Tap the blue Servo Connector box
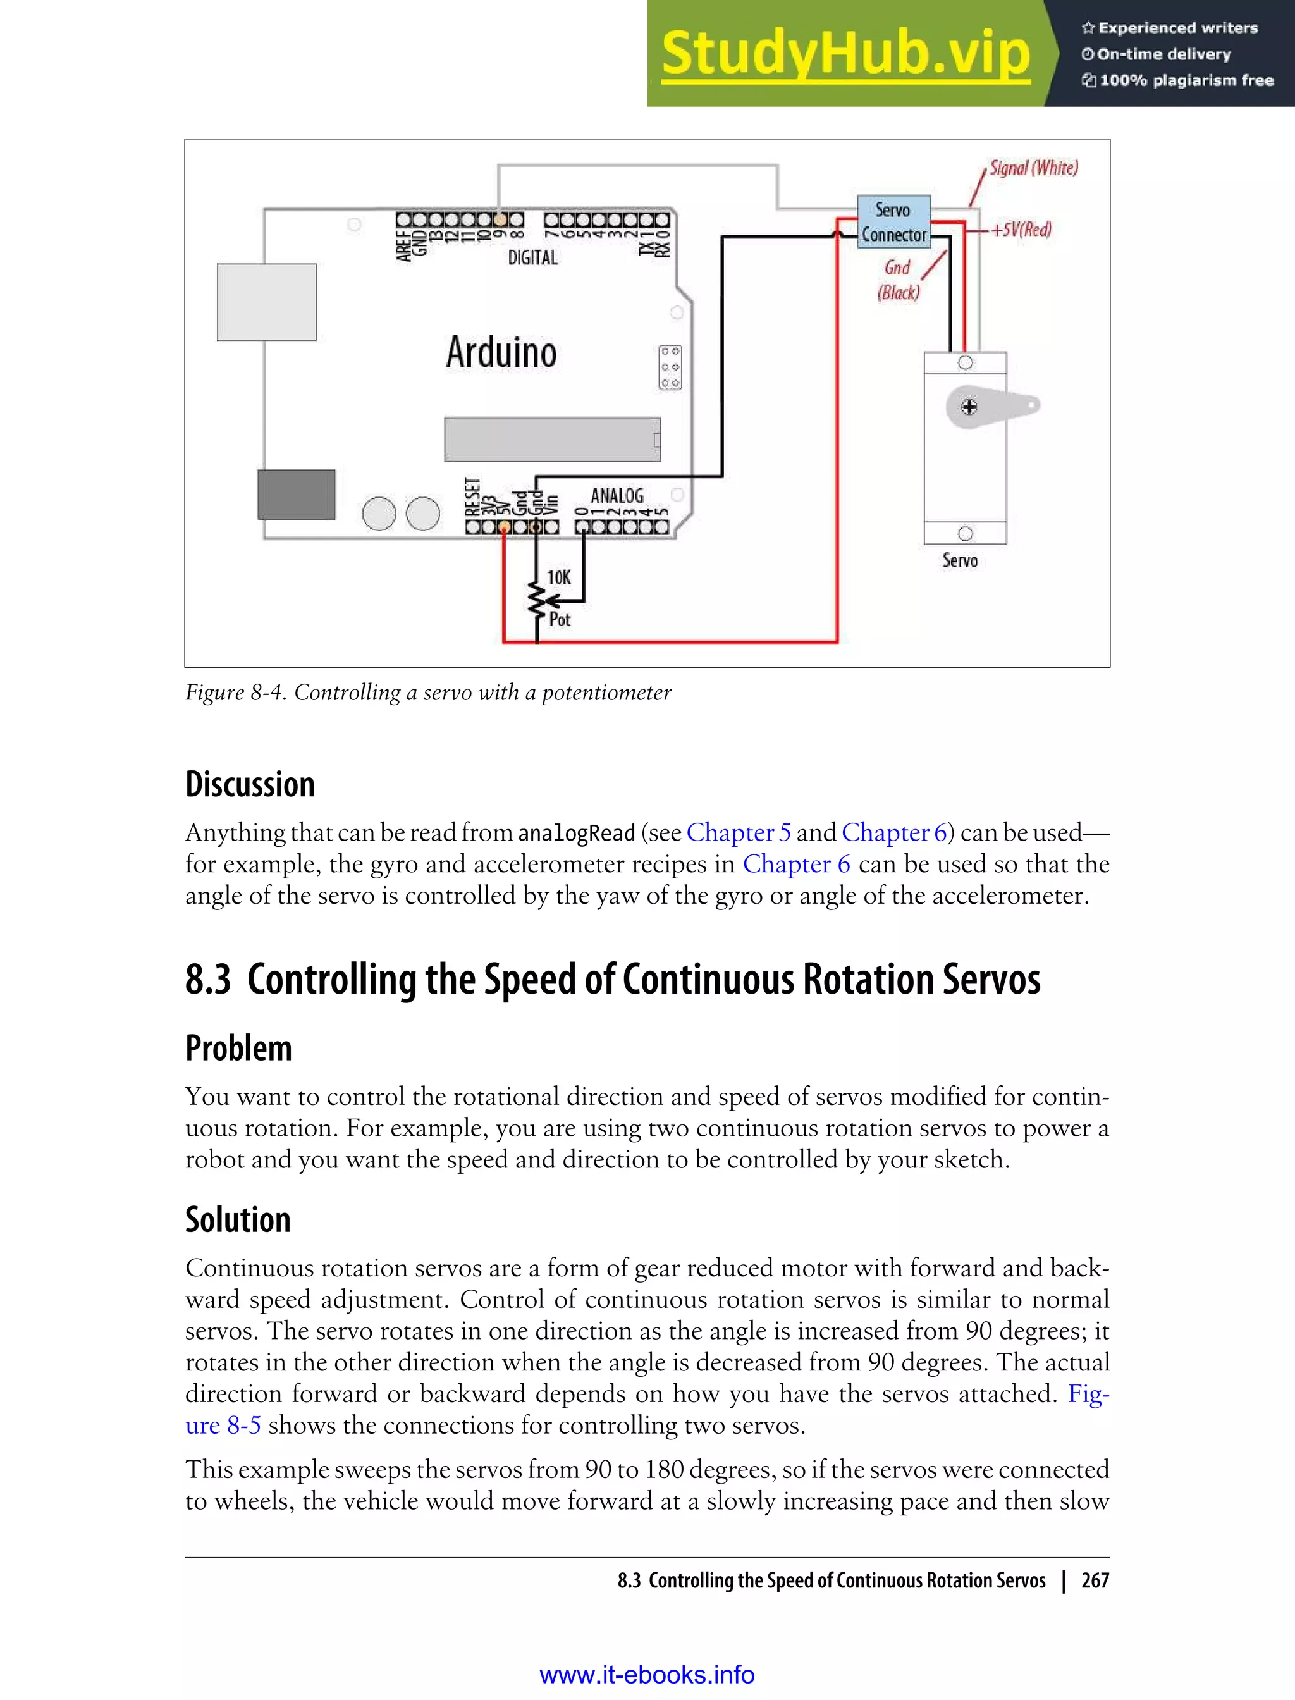[893, 222]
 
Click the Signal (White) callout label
[1033, 168]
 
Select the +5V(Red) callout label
[1021, 230]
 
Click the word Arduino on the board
[501, 352]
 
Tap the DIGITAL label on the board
[532, 257]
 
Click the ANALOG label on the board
[617, 495]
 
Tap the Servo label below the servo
[960, 560]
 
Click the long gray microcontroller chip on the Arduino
[552, 440]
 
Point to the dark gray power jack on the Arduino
[296, 494]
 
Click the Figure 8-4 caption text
[428, 693]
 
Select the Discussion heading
[250, 784]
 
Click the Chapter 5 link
[738, 833]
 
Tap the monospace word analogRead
[576, 834]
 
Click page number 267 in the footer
[1095, 1580]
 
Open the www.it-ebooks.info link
[647, 1675]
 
